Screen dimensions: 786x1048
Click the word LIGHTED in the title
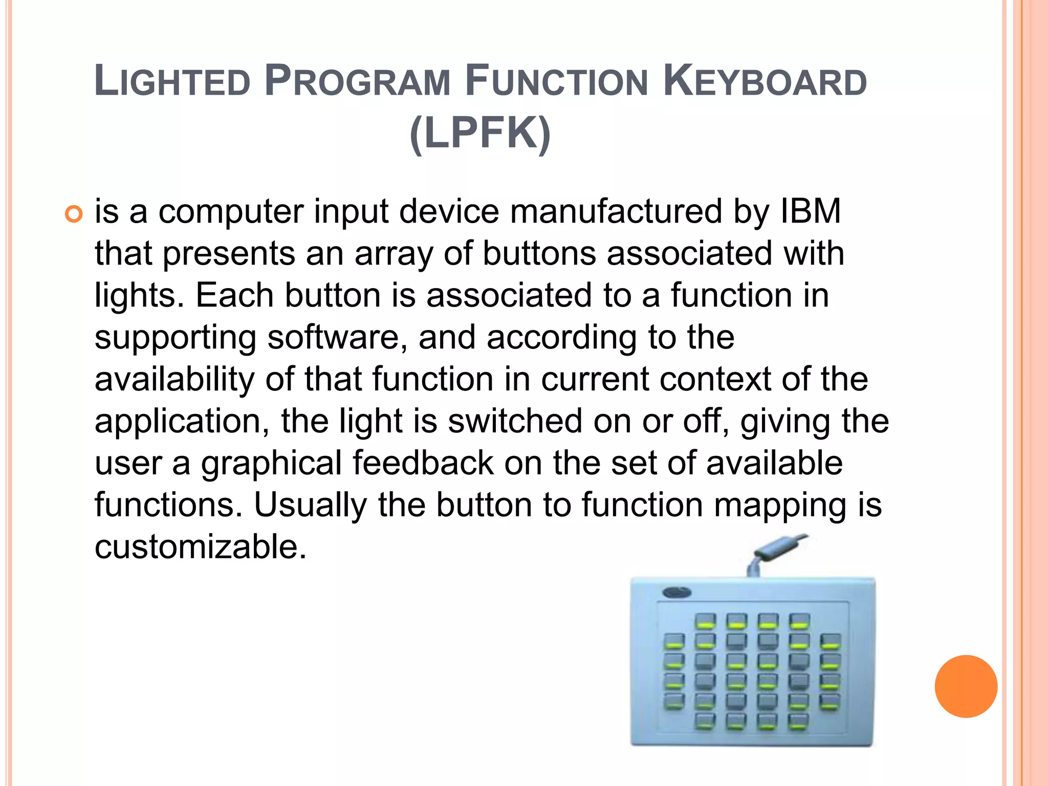(172, 81)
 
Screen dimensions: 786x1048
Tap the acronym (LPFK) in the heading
(480, 133)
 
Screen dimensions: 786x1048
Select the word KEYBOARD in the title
(765, 81)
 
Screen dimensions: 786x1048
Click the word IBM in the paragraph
(811, 211)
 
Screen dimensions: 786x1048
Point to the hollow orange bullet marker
(74, 213)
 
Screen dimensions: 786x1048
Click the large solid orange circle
(966, 686)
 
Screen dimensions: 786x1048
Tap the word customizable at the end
(200, 547)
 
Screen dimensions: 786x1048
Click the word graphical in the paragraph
(271, 463)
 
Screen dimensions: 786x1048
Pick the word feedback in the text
(423, 463)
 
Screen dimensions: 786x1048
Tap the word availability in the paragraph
(174, 379)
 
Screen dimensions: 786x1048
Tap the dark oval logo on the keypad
(676, 593)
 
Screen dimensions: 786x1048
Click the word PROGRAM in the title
(357, 81)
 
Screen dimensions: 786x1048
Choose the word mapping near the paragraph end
(780, 505)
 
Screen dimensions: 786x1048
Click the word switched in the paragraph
(515, 421)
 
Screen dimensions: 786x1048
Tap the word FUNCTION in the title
(557, 81)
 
